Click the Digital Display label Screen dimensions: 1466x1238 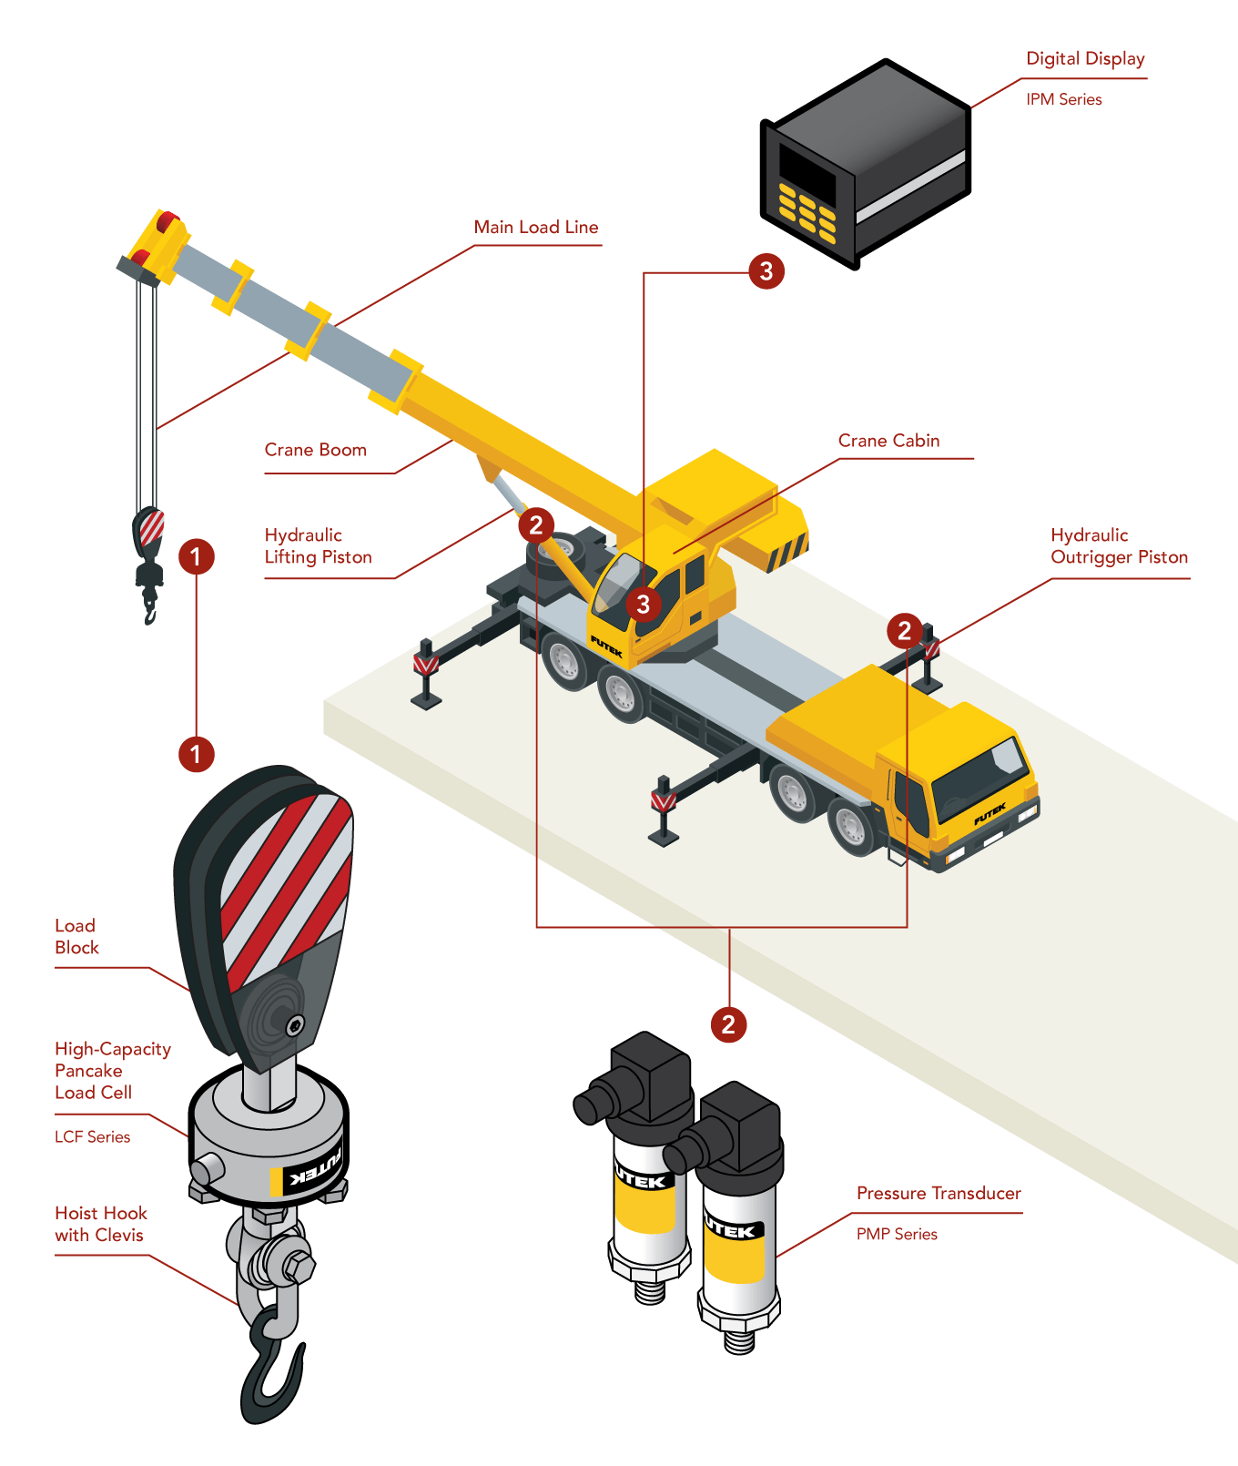(x=1085, y=59)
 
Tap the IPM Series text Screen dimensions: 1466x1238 (x=1063, y=99)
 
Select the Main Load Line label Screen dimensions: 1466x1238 (x=535, y=228)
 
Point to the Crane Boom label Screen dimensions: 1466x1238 (x=315, y=450)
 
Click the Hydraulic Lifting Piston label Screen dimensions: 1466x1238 (x=318, y=546)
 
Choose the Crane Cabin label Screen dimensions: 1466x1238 (x=888, y=441)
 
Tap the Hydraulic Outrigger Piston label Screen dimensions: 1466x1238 (x=1119, y=546)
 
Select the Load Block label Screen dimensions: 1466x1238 (x=76, y=936)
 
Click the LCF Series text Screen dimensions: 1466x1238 (x=92, y=1137)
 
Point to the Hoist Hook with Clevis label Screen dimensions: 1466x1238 (x=100, y=1224)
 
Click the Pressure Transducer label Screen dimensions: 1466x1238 (x=939, y=1194)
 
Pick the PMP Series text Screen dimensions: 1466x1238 (x=897, y=1235)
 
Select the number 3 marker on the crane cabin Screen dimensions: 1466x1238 (x=644, y=604)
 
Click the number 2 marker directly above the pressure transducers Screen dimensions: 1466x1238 (x=728, y=1024)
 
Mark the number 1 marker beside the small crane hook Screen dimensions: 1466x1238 (x=196, y=556)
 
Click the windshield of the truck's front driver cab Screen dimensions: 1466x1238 (x=979, y=774)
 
